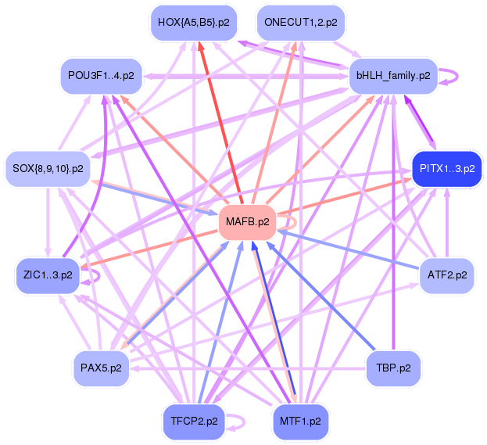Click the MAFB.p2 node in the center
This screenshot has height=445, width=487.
click(247, 221)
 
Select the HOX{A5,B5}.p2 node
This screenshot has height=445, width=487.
click(193, 23)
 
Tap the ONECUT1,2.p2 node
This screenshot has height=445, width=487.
click(301, 23)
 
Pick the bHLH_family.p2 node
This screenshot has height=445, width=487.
click(393, 76)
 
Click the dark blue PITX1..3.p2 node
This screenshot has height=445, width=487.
click(446, 168)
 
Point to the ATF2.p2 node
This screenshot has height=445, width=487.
click(447, 275)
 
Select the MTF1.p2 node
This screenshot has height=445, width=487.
click(301, 421)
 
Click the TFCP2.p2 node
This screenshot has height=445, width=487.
click(193, 421)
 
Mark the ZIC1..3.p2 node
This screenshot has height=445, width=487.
click(48, 275)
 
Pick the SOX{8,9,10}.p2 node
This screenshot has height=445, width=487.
click(48, 168)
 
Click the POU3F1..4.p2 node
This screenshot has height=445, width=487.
click(101, 76)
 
